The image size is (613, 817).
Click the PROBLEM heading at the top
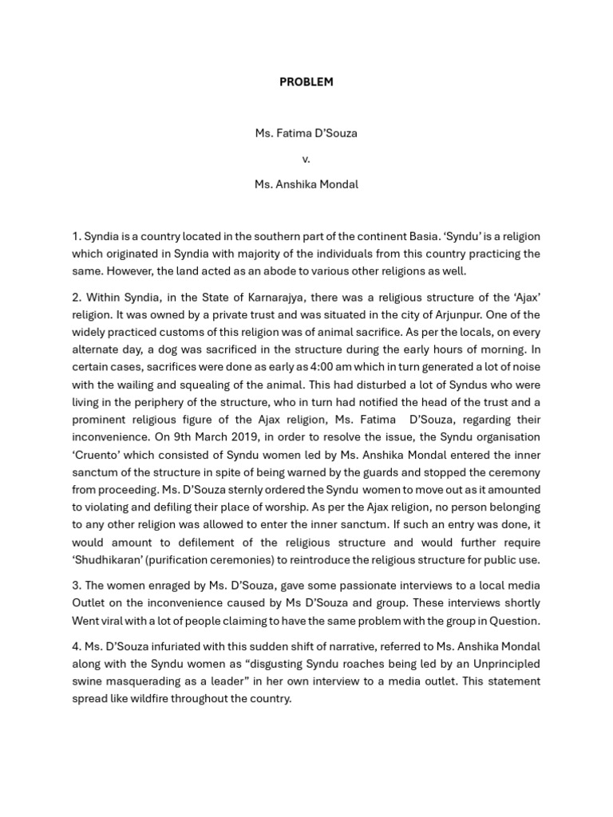[306, 81]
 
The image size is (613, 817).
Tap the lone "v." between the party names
[306, 159]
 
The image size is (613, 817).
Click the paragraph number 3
[76, 586]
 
